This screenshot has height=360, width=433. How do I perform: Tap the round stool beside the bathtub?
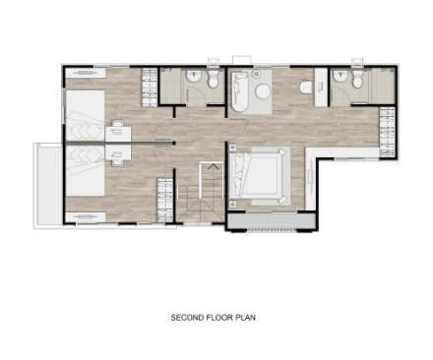(x=263, y=91)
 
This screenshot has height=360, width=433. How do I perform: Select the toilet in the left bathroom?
(x=214, y=80)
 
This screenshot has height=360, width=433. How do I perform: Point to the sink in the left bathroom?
(x=194, y=77)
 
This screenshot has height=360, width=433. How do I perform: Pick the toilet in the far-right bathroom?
(x=357, y=80)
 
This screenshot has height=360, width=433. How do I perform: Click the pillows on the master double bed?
(x=238, y=175)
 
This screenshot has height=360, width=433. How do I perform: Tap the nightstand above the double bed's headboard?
(x=233, y=148)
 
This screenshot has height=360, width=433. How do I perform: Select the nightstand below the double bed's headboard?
(x=233, y=205)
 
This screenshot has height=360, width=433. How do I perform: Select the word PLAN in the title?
(x=245, y=318)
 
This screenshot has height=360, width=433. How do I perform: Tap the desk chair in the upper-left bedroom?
(x=117, y=124)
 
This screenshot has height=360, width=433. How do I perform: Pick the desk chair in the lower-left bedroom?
(x=117, y=163)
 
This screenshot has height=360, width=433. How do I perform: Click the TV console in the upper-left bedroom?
(x=86, y=73)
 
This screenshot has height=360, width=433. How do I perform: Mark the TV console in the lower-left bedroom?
(x=86, y=217)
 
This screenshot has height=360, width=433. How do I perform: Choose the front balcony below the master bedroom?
(x=271, y=220)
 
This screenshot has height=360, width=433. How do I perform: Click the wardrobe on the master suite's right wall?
(x=387, y=132)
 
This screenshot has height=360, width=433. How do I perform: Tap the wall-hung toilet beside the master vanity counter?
(x=305, y=88)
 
